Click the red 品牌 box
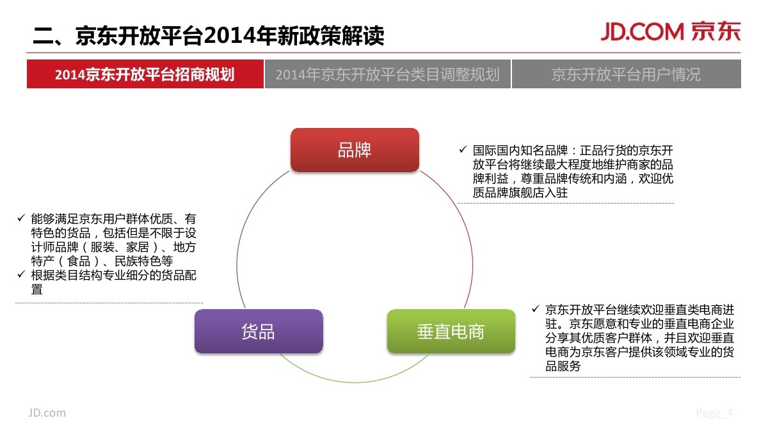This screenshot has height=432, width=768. coord(355,150)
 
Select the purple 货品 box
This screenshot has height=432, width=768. coord(258,331)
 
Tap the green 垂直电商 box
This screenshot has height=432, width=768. coord(451,331)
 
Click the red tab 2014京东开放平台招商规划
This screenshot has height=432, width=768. coord(145,74)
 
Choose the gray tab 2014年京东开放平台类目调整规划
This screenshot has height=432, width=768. coord(387,74)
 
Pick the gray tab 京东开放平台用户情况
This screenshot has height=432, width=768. coord(626,74)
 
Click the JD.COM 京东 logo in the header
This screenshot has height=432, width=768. coord(669,32)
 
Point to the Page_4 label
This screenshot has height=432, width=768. coord(714,413)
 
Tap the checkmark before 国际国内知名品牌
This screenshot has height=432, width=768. coord(463,150)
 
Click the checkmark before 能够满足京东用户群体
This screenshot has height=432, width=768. coord(21,219)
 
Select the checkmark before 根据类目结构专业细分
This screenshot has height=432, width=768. coord(21,275)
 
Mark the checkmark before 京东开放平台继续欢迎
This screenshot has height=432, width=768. coord(535,309)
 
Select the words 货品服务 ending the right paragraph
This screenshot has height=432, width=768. coord(563,366)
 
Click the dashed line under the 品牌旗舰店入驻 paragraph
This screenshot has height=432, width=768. coord(566,204)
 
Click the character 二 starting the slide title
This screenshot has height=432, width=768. coord(43,36)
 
